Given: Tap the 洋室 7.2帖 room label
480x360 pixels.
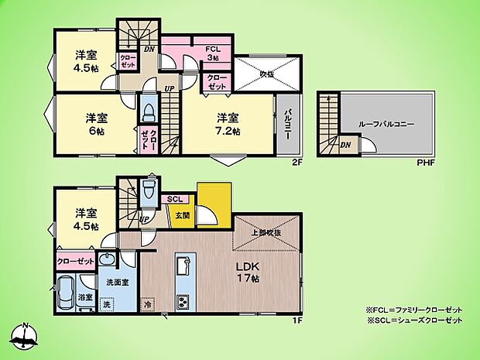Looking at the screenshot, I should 228,124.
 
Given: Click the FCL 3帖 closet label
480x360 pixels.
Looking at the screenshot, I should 213,53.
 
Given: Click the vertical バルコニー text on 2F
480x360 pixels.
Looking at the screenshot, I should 286,124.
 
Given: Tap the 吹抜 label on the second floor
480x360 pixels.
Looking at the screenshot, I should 266,74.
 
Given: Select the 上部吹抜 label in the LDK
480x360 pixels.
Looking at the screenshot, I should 266,232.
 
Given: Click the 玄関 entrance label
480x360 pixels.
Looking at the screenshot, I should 182,215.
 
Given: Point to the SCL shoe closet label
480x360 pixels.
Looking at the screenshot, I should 176,198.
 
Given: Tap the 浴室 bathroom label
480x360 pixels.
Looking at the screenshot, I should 85,297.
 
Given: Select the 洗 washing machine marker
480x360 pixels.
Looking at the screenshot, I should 107,305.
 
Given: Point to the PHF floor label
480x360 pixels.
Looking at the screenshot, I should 426,163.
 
